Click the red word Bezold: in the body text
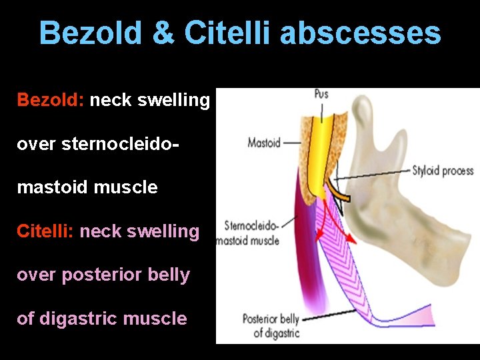(x=51, y=100)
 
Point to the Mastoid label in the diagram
(x=264, y=142)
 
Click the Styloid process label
(x=443, y=171)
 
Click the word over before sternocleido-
(x=37, y=144)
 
